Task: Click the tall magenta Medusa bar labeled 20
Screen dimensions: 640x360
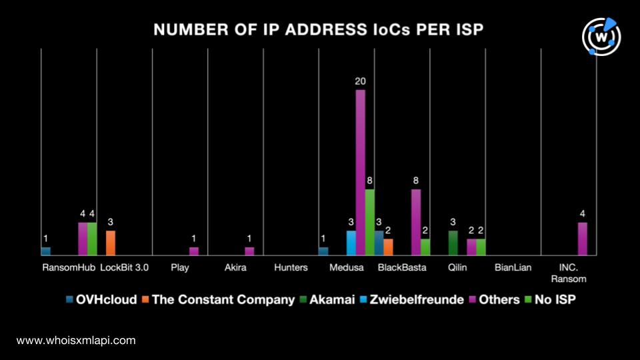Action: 361,173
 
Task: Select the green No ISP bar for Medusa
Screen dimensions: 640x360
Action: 370,223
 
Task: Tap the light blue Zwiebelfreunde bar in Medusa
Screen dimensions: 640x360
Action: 351,243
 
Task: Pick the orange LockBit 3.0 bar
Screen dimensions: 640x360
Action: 111,243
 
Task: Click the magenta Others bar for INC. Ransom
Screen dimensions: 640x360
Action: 583,239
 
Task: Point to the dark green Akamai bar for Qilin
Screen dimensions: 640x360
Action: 453,243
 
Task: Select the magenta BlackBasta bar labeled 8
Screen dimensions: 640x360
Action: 416,223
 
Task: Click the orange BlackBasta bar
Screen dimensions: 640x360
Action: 388,247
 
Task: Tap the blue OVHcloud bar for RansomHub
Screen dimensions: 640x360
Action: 46,251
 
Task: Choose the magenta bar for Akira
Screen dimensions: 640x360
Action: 249,251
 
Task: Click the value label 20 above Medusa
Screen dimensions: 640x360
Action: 361,81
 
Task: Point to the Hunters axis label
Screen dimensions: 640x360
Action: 291,268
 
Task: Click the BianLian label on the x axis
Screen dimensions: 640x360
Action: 513,268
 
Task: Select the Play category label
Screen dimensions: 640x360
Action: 180,268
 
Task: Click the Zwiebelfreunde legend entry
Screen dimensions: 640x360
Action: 412,299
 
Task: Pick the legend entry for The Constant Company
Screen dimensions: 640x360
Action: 219,299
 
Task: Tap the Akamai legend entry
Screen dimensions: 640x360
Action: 327,299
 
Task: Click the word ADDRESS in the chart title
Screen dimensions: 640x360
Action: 321,30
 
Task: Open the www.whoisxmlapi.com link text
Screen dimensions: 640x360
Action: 76,341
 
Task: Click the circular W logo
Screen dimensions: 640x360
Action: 601,37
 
